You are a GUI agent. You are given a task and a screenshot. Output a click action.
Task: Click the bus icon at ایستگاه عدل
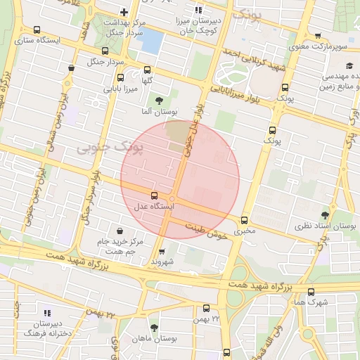155,195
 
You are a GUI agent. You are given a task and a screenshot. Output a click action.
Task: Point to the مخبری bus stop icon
245,219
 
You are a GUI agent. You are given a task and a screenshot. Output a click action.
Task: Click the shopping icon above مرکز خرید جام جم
121,231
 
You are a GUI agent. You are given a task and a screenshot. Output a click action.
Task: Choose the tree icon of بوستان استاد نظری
324,215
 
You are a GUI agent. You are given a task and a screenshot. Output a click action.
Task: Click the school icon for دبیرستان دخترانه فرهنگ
47,313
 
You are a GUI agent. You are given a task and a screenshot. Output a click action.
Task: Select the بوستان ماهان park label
156,339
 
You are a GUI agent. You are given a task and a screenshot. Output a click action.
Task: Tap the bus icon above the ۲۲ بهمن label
206,308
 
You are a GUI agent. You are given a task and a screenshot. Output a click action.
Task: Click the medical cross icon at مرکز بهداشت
124,11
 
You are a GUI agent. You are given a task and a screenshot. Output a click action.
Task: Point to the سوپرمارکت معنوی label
320,47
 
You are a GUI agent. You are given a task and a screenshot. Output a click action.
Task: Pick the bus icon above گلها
147,70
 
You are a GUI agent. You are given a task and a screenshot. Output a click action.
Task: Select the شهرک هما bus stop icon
311,291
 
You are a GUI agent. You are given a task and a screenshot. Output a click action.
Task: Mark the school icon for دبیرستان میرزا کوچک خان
198,10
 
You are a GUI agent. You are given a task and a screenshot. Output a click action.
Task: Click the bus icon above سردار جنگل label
105,51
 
